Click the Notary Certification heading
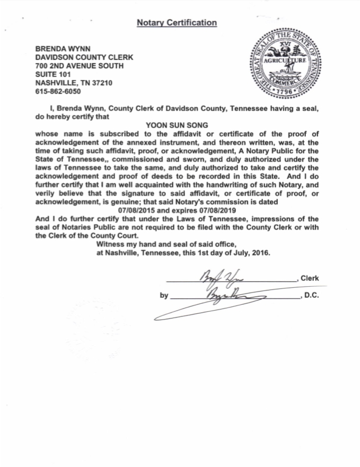tap(177, 23)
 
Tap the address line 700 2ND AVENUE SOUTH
tap(79, 66)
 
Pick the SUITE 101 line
tap(53, 74)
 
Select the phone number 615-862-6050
tap(58, 91)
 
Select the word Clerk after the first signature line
tap(310, 278)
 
